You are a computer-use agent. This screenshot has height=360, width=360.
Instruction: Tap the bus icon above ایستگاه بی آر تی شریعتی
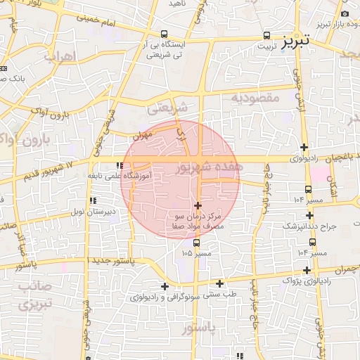164,34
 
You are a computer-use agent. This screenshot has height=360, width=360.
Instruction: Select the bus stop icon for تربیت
266,34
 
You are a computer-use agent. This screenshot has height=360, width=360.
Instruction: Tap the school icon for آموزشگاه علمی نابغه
119,165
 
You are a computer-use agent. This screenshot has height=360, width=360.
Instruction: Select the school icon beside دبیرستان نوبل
93,201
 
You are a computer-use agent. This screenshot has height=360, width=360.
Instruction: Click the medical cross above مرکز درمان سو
197,205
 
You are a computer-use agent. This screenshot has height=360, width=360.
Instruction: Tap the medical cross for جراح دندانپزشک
310,216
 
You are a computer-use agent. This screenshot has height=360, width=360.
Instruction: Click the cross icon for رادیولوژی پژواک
307,270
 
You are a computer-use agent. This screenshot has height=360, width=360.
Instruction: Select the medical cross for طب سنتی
220,284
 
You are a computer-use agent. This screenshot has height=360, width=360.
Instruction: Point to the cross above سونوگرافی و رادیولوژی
165,286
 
